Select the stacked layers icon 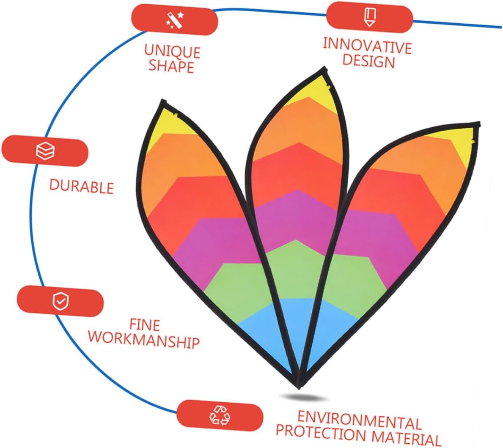pos(45,151)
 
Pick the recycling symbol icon pos(220,414)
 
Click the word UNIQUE pos(172,51)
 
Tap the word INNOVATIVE pos(367,46)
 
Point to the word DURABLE pos(82,187)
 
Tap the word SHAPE pos(171,66)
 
